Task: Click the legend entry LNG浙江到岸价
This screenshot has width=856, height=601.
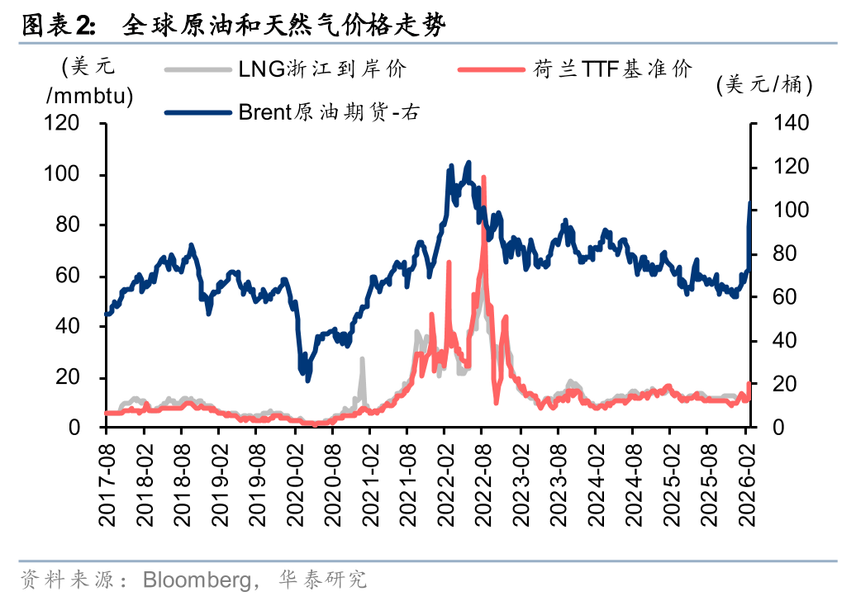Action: tap(322, 69)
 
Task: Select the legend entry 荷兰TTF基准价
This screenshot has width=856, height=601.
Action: tap(611, 69)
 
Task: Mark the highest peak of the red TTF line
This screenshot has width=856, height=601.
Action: tap(483, 177)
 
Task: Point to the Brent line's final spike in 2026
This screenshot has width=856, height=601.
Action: tap(750, 203)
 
